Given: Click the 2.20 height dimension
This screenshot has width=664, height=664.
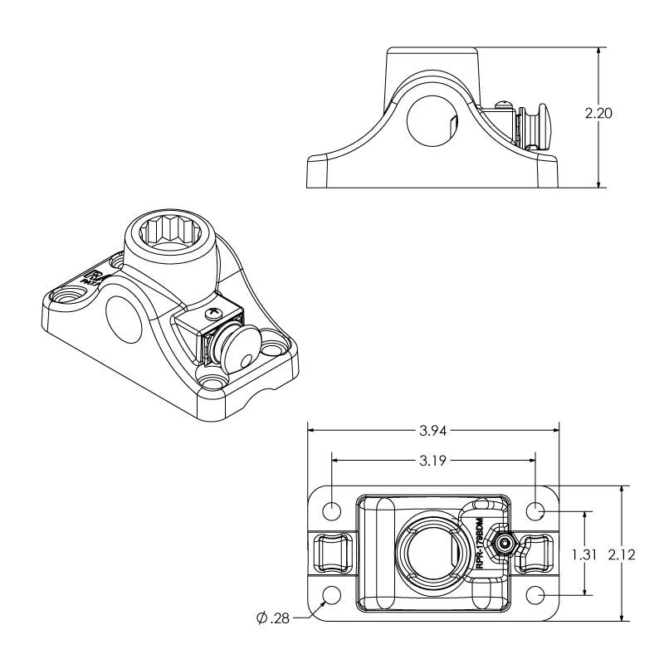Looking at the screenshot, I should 598,114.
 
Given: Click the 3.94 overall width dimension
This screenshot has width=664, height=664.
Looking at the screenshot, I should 434,430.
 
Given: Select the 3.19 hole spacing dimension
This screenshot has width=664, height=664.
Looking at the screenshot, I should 433,461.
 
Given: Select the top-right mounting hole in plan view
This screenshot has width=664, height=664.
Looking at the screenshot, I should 536,510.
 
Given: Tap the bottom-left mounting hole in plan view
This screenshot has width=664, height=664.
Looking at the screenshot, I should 332,595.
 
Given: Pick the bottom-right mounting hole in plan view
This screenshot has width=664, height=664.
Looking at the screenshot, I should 536,595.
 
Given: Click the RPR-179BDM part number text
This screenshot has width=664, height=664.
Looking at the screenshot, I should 479,542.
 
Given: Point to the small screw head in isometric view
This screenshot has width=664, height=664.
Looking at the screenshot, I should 213,314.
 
